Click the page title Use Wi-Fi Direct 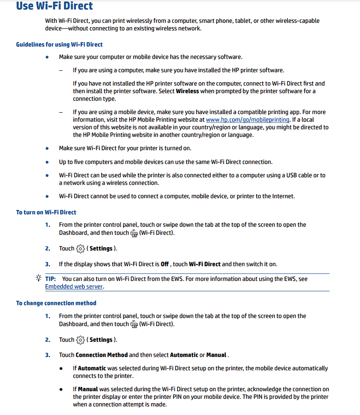[55, 6]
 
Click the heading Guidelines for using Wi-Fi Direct [59, 45]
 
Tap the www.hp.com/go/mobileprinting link [247, 120]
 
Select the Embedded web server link [74, 287]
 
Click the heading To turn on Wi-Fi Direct [46, 212]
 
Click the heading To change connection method [56, 303]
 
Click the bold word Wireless [187, 91]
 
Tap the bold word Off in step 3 [165, 264]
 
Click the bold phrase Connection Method [102, 355]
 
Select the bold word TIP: [51, 279]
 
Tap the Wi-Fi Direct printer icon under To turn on [134, 233]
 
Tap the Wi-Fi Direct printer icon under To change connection [134, 325]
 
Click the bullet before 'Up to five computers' [47, 162]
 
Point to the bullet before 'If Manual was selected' [61, 389]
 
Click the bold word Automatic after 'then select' [184, 355]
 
